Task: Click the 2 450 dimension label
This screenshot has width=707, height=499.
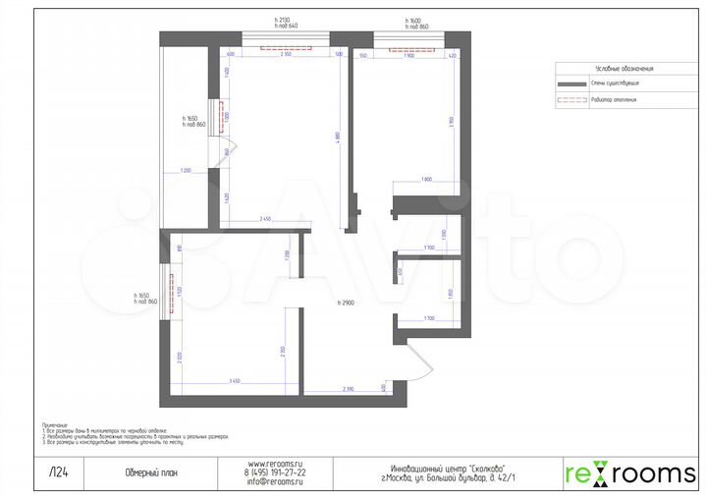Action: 263,217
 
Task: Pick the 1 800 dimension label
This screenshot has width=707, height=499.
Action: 426,179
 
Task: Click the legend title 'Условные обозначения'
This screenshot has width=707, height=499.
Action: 625,69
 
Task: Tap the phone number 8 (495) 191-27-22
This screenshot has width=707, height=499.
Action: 276,472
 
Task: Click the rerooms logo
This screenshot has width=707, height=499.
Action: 629,473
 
